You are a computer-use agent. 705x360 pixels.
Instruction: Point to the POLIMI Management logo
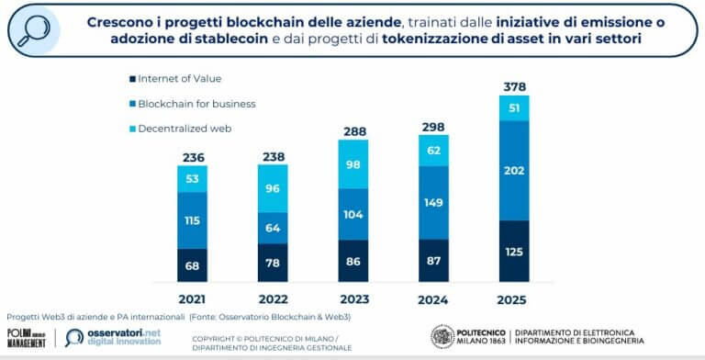27,337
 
